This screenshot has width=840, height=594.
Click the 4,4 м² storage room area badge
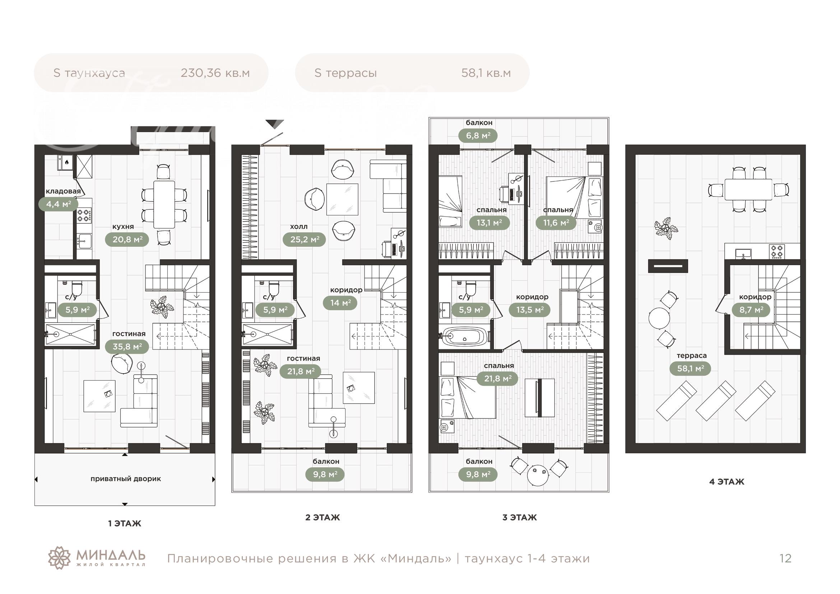coord(58,204)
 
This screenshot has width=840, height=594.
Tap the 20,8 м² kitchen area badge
coord(127,240)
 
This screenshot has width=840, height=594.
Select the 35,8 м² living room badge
coord(127,346)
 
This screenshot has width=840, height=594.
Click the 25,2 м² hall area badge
coord(305,240)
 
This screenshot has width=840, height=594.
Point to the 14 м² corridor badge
coord(340,303)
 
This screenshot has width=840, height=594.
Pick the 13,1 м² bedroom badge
coord(489,222)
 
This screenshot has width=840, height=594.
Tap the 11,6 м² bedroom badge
coord(556,222)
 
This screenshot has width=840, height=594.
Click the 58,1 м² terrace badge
coord(690,368)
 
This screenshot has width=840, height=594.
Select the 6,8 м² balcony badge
coord(478,136)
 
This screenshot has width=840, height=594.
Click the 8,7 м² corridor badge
coord(751,310)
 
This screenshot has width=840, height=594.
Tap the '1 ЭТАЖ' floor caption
coord(125,523)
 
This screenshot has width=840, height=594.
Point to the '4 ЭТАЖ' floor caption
coord(727,482)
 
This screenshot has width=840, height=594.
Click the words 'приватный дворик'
coord(126,479)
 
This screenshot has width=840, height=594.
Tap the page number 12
coord(785,558)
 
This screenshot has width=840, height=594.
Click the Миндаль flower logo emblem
coord(59,558)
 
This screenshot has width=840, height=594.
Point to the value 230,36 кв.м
coord(215,73)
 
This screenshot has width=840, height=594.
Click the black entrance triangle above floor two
coord(274,124)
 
